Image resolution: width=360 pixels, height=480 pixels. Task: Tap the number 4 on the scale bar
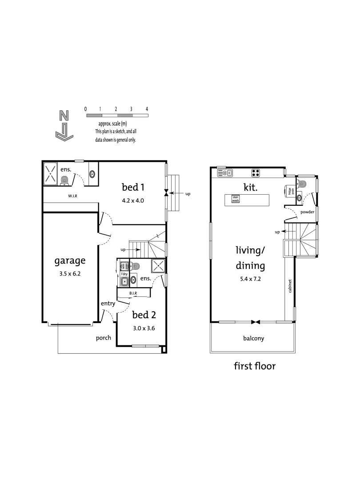[x=147, y=109]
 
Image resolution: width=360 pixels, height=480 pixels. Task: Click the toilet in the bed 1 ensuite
[x=65, y=179]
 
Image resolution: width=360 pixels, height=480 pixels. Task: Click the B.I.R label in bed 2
[x=133, y=293]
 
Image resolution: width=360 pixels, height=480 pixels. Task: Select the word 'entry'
[x=108, y=304]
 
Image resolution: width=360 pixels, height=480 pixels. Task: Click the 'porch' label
[x=104, y=338]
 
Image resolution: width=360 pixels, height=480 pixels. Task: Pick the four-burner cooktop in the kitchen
[x=256, y=173]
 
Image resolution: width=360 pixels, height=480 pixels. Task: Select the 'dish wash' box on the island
[x=236, y=200]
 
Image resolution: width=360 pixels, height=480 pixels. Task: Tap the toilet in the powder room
[x=303, y=183]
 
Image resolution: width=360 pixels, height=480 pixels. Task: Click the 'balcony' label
[x=253, y=338]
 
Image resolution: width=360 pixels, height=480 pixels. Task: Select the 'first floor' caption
[x=255, y=366]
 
